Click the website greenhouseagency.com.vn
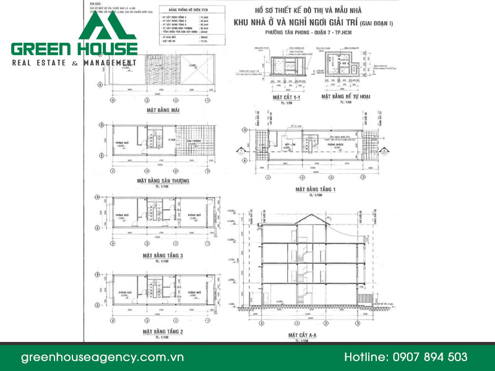click(103, 357)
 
